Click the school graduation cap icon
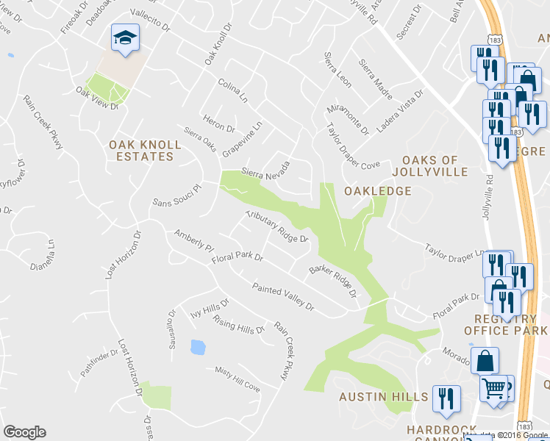point(125,37)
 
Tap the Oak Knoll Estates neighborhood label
point(141,151)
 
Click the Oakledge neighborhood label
point(377,191)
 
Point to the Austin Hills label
point(383,397)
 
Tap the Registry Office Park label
point(506,324)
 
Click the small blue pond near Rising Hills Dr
point(197,347)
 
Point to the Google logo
point(24,432)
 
